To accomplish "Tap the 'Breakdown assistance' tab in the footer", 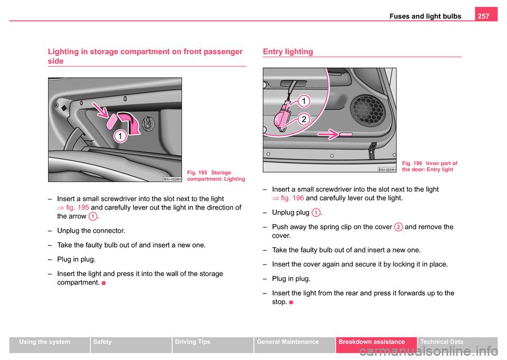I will (375, 343).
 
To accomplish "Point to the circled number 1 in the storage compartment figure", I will (121, 137).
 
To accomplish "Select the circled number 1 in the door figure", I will (306, 100).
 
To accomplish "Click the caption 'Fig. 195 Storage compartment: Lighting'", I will (215, 176).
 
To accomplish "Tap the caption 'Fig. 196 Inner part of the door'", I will (429, 166).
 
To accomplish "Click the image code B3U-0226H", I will (172, 179).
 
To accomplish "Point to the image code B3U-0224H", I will (387, 169).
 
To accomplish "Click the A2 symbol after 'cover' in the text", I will (398, 226).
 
